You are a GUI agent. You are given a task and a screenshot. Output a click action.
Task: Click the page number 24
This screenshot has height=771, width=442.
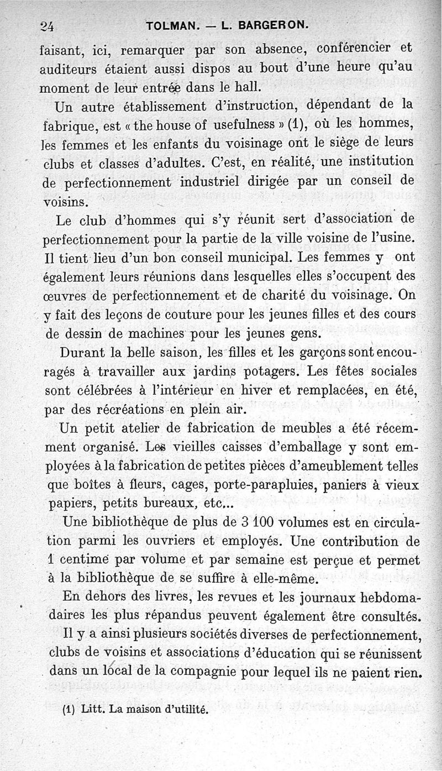[x=52, y=25]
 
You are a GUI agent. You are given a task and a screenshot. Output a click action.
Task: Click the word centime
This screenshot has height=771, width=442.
[x=83, y=559]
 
